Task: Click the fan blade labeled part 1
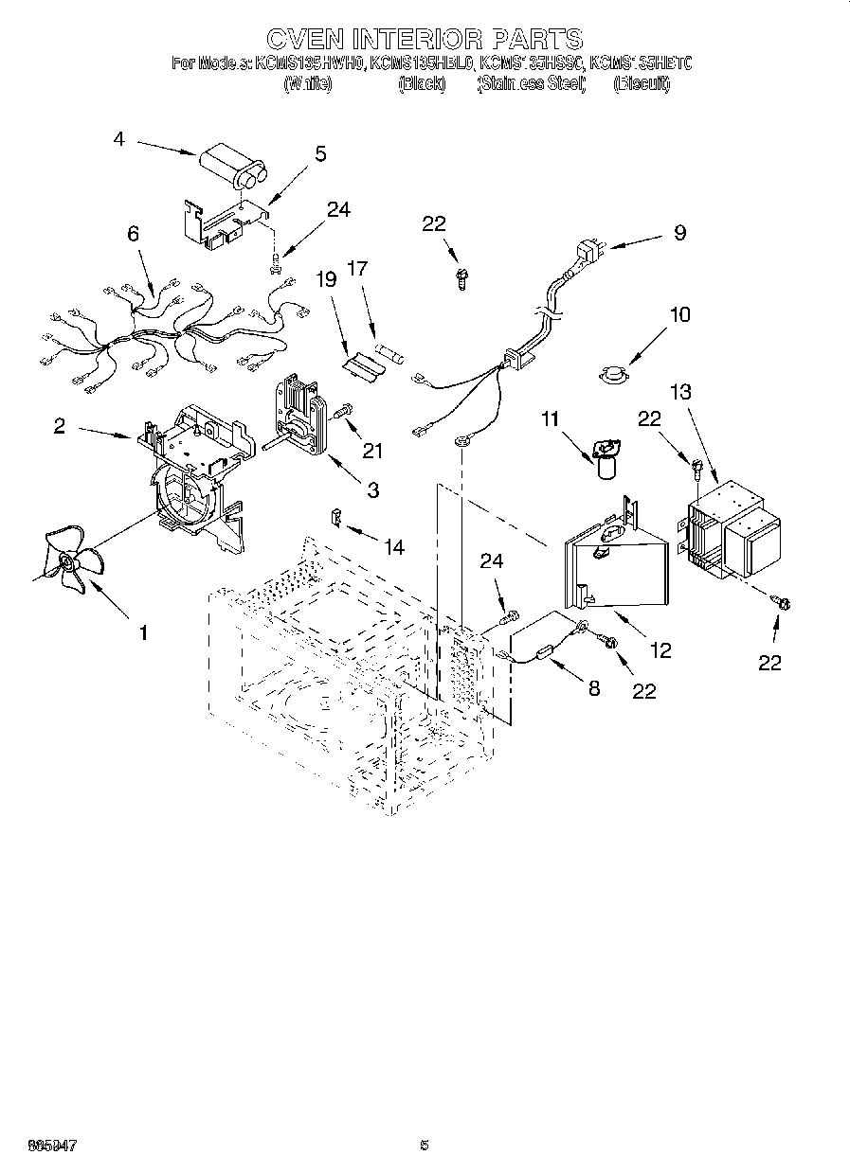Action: pos(68,564)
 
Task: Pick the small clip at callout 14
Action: pos(335,518)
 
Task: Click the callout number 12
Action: pos(660,649)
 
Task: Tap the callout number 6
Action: pos(133,233)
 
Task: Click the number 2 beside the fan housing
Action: pos(60,426)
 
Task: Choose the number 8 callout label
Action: pos(593,688)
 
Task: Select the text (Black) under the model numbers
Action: pos(422,83)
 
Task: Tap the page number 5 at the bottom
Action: pos(425,1145)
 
